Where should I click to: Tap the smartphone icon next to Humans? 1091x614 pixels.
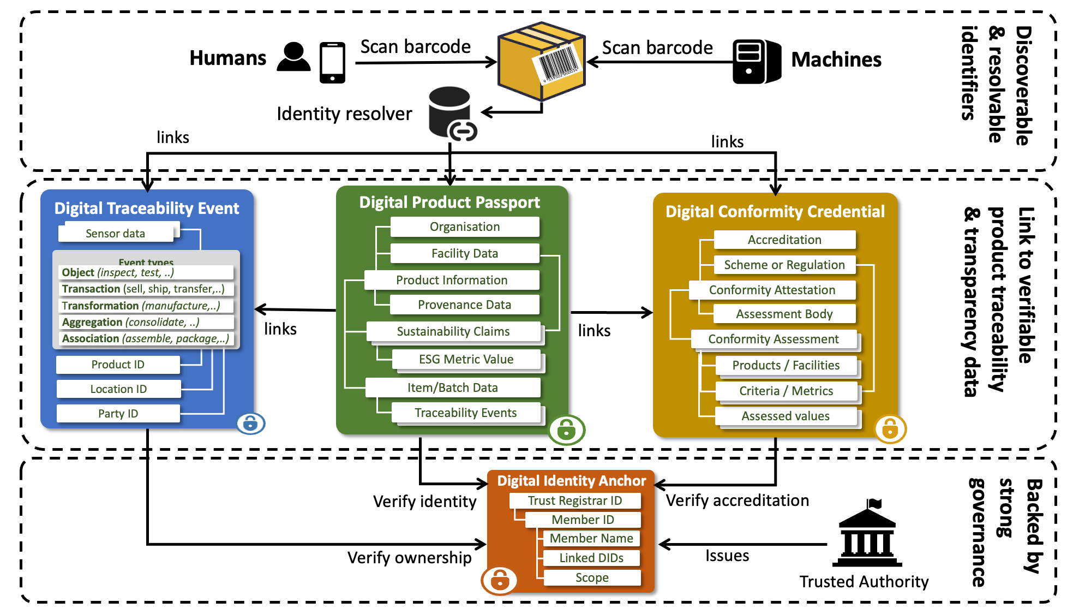332,63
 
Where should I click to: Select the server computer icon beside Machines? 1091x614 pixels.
756,62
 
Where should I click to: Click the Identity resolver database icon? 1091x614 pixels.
451,112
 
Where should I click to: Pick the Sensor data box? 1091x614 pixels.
116,234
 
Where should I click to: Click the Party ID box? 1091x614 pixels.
118,414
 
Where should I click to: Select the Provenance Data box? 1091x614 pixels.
464,305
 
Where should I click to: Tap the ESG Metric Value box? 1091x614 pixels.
466,359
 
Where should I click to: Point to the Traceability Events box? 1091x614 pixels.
465,413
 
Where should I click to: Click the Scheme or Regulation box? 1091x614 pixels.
784,265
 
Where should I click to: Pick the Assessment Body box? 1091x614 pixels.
784,314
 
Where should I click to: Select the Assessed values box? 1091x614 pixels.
785,416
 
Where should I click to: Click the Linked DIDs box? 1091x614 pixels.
591,558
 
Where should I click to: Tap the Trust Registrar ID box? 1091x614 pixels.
574,500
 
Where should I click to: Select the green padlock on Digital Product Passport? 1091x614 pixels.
566,430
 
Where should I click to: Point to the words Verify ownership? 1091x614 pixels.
409,557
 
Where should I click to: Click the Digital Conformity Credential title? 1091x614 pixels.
775,212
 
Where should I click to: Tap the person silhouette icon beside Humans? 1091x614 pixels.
293,57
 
